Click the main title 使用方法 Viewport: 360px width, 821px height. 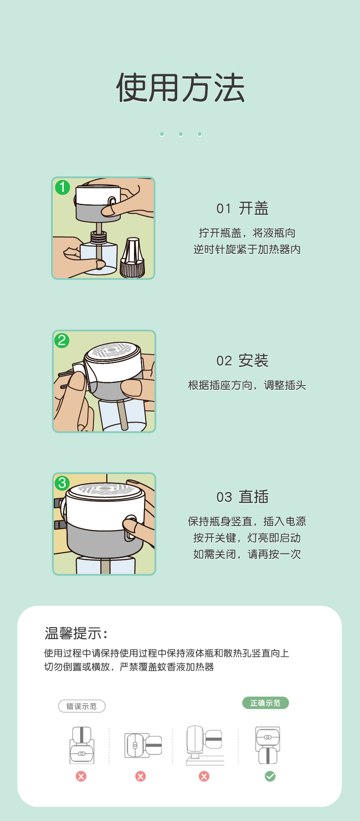pyautogui.click(x=180, y=88)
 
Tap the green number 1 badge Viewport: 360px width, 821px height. pyautogui.click(x=62, y=187)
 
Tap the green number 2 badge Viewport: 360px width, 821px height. pyautogui.click(x=62, y=340)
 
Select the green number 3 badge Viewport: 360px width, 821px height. pyautogui.click(x=62, y=483)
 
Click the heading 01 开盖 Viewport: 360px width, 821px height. pyautogui.click(x=242, y=208)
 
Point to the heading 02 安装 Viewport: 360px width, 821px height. pyautogui.click(x=242, y=361)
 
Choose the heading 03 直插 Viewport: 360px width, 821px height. pyautogui.click(x=242, y=496)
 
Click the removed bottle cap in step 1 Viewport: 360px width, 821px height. pyautogui.click(x=132, y=258)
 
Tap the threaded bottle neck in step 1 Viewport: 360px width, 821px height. pyautogui.click(x=98, y=237)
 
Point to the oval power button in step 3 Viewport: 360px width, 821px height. pyautogui.click(x=130, y=528)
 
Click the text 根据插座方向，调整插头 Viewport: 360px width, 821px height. pyautogui.click(x=247, y=385)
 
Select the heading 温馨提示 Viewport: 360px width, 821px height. pyautogui.click(x=76, y=633)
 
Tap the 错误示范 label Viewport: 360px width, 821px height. pyautogui.click(x=82, y=706)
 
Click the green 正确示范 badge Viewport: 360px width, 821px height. pyautogui.click(x=265, y=703)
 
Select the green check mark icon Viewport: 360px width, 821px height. pyautogui.click(x=270, y=776)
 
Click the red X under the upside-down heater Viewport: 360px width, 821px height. pyautogui.click(x=81, y=776)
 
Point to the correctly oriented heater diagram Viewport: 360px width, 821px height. pyautogui.click(x=268, y=745)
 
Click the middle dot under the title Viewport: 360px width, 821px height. pyautogui.click(x=180, y=134)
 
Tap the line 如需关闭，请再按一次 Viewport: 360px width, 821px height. pyautogui.click(x=247, y=554)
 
